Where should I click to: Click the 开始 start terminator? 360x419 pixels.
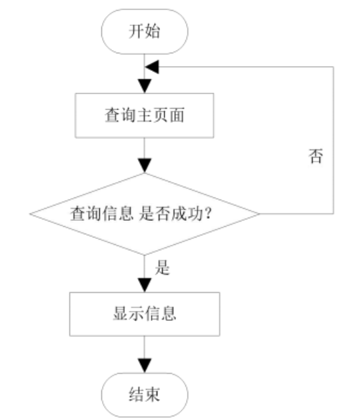point(145,31)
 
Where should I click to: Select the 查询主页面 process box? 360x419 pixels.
point(145,115)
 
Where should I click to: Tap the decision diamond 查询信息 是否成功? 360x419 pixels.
point(145,214)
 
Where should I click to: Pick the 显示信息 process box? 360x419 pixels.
point(145,314)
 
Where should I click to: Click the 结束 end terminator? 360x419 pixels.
point(145,395)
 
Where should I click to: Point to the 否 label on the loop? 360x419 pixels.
point(316,155)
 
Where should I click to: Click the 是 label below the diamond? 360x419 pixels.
point(162,268)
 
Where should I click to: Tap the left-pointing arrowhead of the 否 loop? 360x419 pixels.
point(152,67)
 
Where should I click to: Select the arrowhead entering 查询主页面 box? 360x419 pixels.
point(145,86)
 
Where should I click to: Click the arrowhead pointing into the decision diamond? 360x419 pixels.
point(145,165)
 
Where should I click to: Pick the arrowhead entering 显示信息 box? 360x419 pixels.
point(145,285)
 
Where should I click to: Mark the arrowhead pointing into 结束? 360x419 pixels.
point(145,366)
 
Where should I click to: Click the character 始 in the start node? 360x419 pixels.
point(153,31)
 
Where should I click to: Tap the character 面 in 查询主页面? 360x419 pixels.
point(177,115)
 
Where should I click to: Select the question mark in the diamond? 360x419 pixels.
point(208,214)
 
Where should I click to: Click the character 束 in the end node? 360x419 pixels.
point(153,394)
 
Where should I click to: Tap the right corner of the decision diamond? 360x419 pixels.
point(259,214)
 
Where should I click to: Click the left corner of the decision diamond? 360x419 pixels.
point(30,214)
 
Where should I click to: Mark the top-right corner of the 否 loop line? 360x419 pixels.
point(333,67)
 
